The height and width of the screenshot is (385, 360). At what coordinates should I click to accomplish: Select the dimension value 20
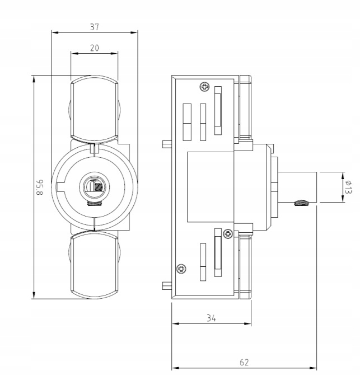[94, 48]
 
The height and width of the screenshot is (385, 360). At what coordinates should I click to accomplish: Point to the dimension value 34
[211, 318]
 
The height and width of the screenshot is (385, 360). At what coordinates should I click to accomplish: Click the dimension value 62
[244, 362]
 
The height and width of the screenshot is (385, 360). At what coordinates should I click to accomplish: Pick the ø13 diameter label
[349, 187]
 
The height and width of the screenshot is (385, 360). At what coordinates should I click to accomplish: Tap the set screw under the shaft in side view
[301, 203]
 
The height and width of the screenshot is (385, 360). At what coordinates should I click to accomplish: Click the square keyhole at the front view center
[99, 187]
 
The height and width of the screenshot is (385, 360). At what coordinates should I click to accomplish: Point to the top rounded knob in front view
[94, 106]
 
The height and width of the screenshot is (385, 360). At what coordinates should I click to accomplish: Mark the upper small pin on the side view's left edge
[166, 144]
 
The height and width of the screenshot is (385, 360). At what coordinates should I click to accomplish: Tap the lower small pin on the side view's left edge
[166, 285]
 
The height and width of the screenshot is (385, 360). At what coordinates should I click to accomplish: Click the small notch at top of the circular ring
[94, 149]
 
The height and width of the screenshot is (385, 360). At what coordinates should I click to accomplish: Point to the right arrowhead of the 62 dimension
[315, 368]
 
